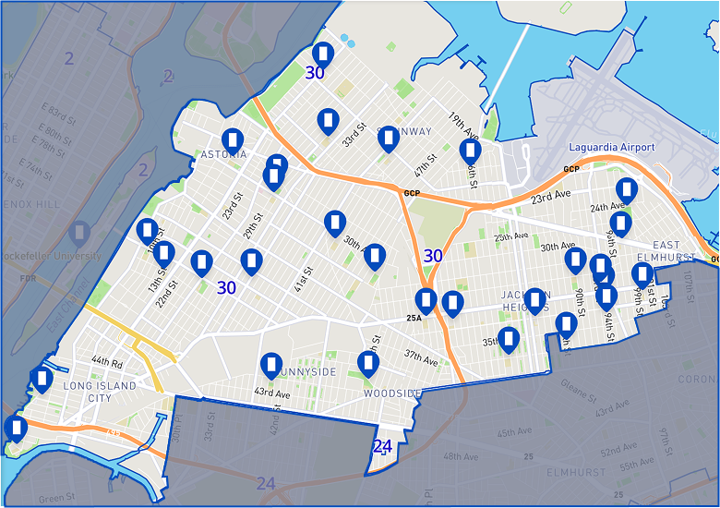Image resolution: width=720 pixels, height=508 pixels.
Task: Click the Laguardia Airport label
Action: coord(611,148)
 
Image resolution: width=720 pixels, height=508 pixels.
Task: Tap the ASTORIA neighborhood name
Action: coord(223,154)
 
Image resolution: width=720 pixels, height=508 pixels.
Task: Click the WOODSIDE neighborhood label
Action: coord(392,393)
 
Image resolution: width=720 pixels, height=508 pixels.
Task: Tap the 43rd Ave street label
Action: coord(271,393)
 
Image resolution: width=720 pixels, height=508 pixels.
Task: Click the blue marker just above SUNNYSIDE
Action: coord(270,366)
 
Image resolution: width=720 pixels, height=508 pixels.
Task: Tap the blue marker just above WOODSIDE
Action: coord(368,364)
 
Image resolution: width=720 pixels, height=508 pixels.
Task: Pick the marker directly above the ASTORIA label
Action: coord(234,140)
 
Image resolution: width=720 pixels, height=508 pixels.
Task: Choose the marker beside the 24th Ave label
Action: coord(627,191)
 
